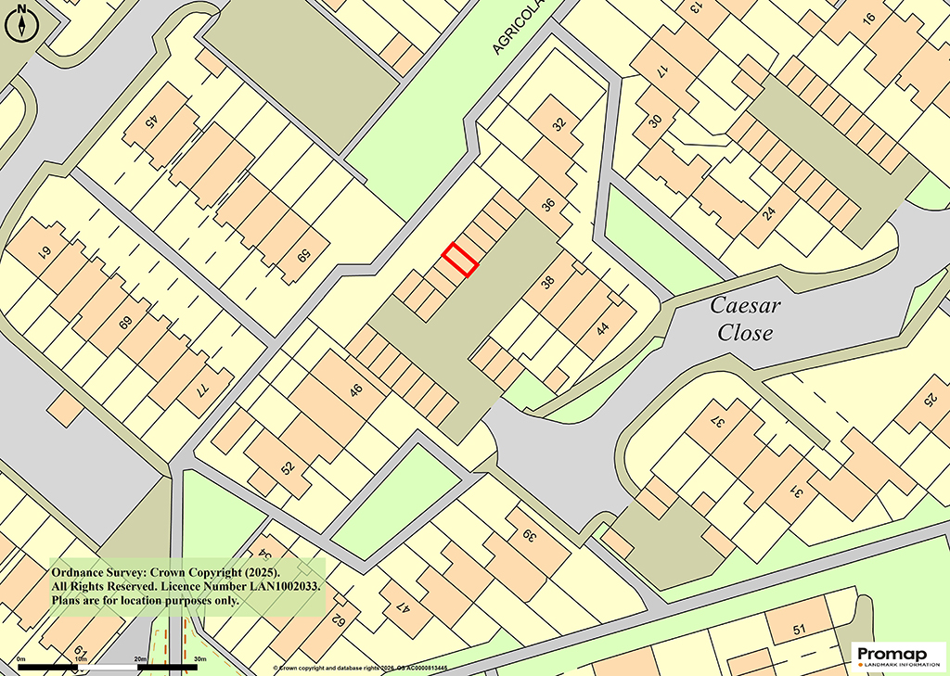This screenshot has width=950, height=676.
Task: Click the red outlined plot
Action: click(460, 260)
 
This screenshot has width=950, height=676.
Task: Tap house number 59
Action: click(302, 253)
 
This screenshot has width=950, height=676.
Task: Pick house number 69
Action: click(126, 325)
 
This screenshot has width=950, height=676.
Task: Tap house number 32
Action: click(558, 124)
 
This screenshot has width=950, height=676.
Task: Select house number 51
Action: click(799, 631)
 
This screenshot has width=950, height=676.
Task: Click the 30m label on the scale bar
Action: click(199, 659)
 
